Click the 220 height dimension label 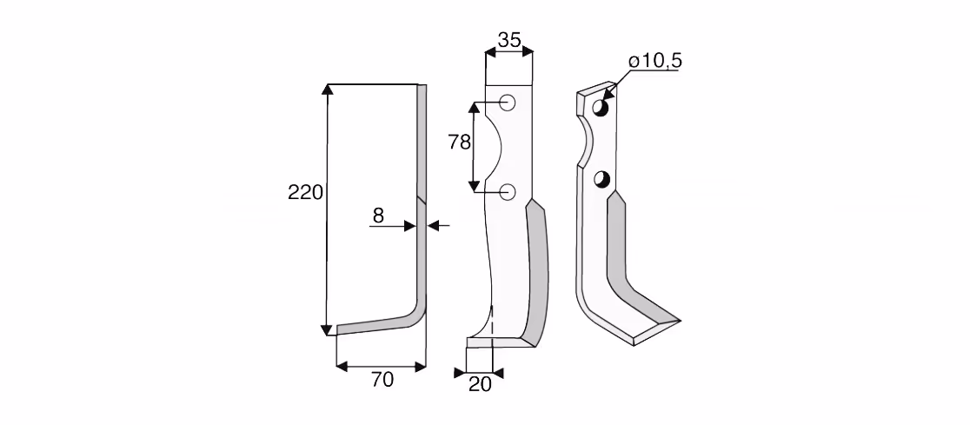(x=305, y=193)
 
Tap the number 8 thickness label (x=378, y=216)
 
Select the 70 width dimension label (x=382, y=380)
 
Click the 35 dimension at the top (x=509, y=40)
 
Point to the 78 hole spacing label (x=460, y=143)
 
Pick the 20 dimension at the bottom (x=480, y=385)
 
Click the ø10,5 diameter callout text (x=655, y=61)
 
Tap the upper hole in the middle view (x=508, y=103)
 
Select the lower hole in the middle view (x=508, y=192)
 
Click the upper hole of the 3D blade (x=601, y=108)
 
